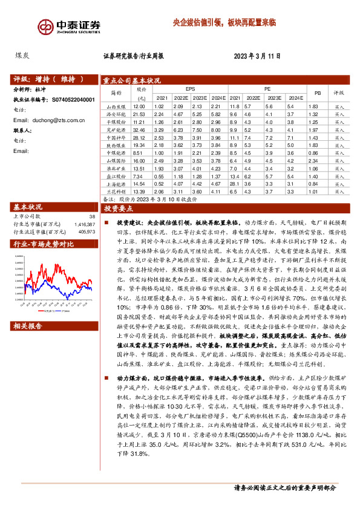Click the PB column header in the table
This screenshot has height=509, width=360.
coord(313,92)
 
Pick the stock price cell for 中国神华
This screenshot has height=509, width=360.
coord(139,137)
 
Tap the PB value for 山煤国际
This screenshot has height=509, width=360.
coord(313,161)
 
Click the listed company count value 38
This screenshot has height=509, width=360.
coord(91,216)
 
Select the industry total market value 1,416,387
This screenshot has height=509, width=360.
coord(83,224)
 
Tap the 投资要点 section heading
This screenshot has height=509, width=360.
coord(119,208)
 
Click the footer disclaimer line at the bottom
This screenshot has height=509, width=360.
coord(284,487)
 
